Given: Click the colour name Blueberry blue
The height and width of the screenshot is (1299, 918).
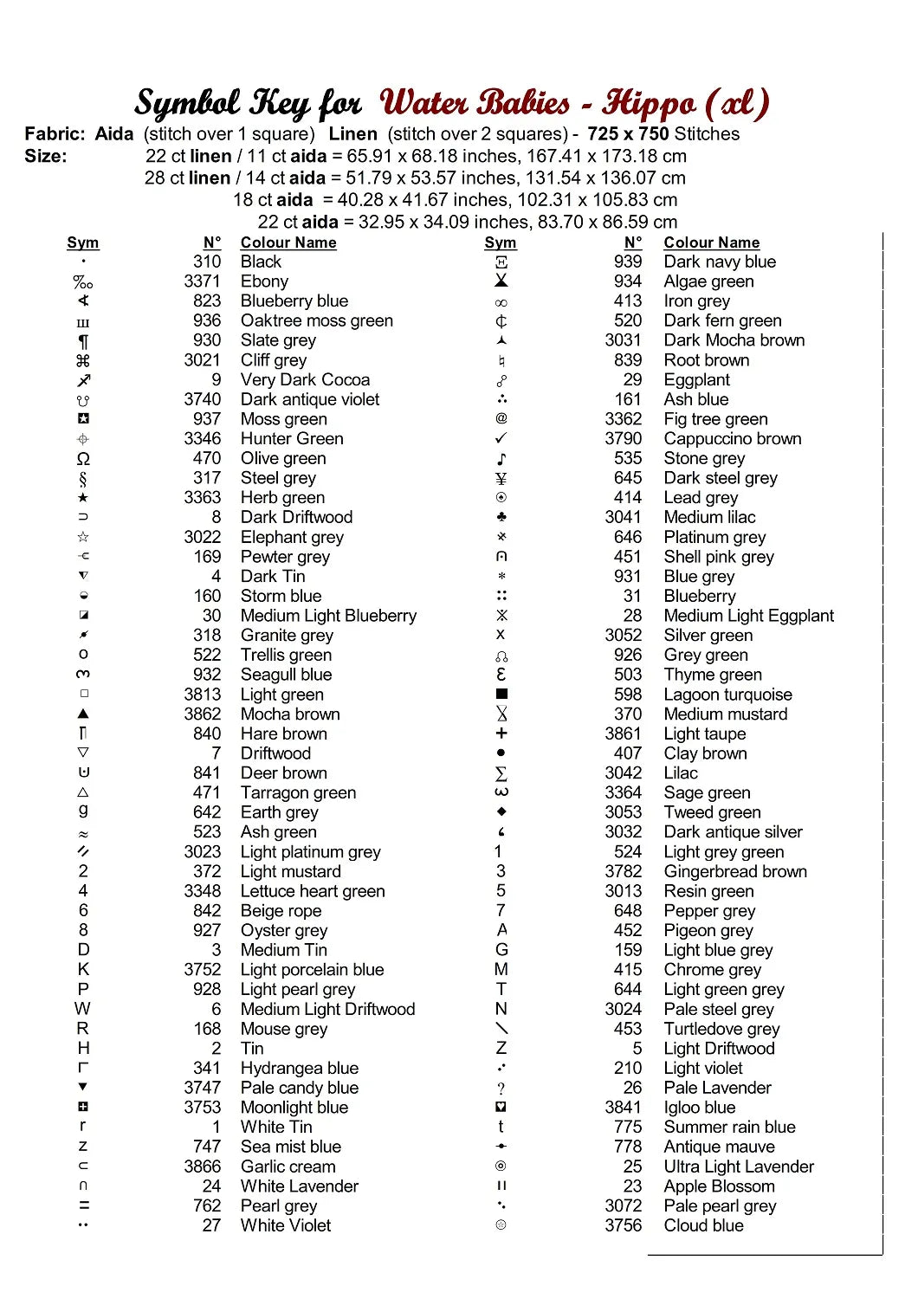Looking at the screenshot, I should pos(294,301).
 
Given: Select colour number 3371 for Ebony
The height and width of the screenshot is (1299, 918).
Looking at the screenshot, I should pos(202,281).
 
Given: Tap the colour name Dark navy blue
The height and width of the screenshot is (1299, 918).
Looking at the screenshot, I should pos(720,262).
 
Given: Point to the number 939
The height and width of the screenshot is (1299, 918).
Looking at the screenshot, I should pos(628,262).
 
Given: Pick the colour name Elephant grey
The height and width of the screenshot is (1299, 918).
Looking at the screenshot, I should pos(292,537).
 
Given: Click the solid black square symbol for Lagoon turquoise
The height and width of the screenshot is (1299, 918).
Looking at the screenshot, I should pos(501,695).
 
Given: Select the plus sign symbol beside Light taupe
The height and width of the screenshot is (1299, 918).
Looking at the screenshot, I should pos(501,734).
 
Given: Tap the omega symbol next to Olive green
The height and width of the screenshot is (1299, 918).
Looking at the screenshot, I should pos(83,459).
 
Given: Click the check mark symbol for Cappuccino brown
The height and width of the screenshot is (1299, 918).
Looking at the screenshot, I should pos(501,438).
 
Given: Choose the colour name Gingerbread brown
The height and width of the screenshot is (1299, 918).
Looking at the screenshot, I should pos(735,871).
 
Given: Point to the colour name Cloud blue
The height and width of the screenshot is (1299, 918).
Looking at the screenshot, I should pos(703,1225).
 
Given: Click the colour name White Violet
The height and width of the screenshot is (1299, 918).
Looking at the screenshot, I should pos(286,1225).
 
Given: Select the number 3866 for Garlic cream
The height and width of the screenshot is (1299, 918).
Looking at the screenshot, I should pos(202,1167).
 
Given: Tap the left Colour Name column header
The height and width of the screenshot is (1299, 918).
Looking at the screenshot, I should pos(288,242).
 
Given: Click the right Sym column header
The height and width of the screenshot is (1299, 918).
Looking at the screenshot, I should pos(501,242).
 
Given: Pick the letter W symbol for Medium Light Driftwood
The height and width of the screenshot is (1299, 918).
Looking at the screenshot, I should pos(82,1009).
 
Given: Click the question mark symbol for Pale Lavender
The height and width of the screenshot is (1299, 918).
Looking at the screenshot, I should pos(501,1089).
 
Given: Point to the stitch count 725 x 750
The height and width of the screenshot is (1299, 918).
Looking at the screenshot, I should pos(628,134).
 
